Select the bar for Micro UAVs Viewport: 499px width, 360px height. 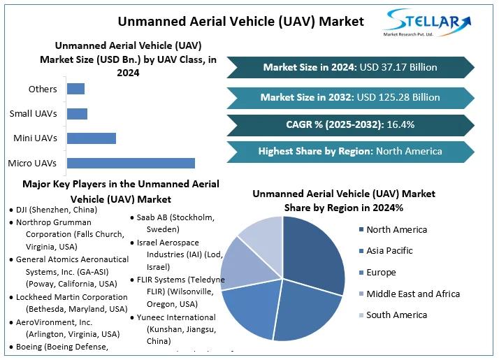click(131, 164)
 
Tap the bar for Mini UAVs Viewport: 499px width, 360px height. click(91, 138)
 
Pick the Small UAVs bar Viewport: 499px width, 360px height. click(77, 114)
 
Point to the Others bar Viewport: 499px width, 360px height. click(75, 89)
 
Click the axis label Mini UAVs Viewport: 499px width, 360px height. click(35, 138)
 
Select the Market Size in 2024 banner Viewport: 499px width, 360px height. click(349, 67)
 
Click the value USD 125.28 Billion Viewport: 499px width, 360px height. click(400, 97)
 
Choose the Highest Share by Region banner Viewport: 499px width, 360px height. click(349, 151)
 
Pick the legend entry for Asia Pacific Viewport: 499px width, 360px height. click(389, 251)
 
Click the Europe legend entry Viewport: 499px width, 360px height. click(381, 273)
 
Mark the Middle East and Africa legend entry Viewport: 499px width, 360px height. click(413, 294)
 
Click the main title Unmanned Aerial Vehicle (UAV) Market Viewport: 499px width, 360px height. click(240, 21)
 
